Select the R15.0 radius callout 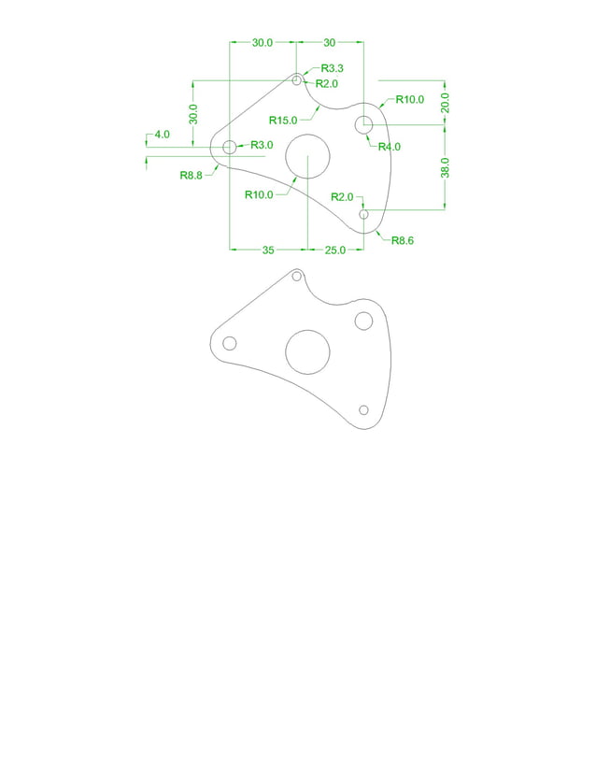[x=283, y=120]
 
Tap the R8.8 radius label [x=192, y=175]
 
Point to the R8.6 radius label [x=402, y=240]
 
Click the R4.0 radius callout [x=390, y=146]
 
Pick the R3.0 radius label [x=262, y=145]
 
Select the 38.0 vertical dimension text [x=446, y=168]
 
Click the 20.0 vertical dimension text [x=446, y=102]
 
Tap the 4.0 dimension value [x=162, y=135]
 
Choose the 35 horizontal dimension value [x=268, y=250]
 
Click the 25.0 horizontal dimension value [x=334, y=250]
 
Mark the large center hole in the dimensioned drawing [x=307, y=155]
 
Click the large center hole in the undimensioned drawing [x=307, y=351]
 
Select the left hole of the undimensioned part [x=230, y=343]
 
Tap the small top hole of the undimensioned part [x=297, y=276]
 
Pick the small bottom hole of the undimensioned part [x=364, y=410]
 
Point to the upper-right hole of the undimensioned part [x=364, y=321]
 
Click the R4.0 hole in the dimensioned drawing [x=364, y=124]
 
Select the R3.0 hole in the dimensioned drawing [x=230, y=147]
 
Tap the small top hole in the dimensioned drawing [x=297, y=80]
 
